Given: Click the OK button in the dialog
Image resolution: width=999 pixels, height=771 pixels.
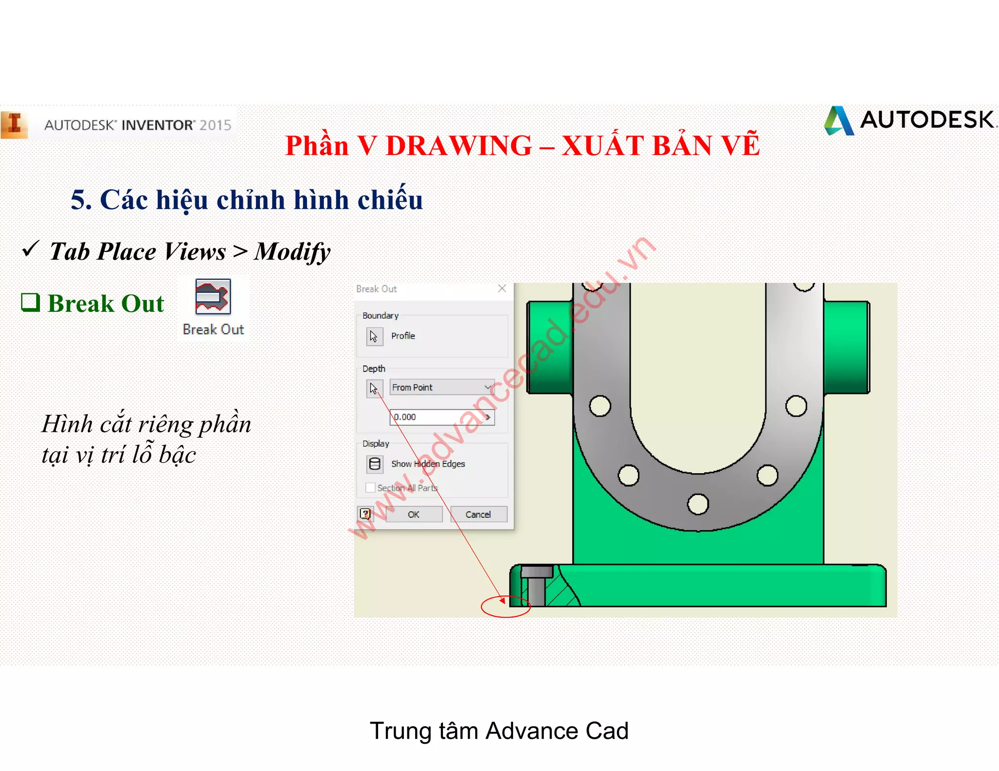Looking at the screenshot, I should pyautogui.click(x=414, y=514).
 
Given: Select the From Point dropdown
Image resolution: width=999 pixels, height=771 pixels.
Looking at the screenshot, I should pyautogui.click(x=441, y=387).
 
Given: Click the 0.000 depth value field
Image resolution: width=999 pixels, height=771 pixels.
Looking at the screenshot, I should pyautogui.click(x=439, y=417).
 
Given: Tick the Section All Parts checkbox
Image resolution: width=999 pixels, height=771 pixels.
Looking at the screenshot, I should pyautogui.click(x=371, y=488).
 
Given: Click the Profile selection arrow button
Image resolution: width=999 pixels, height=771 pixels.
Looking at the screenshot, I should pyautogui.click(x=374, y=336).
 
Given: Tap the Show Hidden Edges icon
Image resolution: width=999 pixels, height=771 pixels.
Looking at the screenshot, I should pyautogui.click(x=375, y=464).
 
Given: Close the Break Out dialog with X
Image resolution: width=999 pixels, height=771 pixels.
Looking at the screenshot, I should pyautogui.click(x=502, y=289).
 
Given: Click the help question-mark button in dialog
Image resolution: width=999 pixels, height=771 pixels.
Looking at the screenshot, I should pyautogui.click(x=365, y=514).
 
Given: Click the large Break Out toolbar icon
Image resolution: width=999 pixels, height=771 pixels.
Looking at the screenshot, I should pyautogui.click(x=213, y=297).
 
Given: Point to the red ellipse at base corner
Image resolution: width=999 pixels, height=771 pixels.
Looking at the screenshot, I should pyautogui.click(x=505, y=607).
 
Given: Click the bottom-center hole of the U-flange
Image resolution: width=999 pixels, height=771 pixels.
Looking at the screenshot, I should pyautogui.click(x=698, y=504).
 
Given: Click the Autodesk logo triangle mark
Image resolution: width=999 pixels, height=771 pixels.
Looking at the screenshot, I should pyautogui.click(x=839, y=121).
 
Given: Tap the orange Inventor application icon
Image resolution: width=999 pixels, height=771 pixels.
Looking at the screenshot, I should pyautogui.click(x=15, y=125).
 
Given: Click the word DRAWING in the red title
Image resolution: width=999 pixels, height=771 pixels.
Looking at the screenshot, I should pyautogui.click(x=459, y=146).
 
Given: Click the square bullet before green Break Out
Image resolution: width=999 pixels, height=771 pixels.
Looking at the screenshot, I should pyautogui.click(x=30, y=302).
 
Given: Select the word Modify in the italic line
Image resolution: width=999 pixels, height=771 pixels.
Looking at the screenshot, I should pyautogui.click(x=292, y=252).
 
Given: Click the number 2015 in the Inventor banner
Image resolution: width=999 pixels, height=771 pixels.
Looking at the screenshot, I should pyautogui.click(x=215, y=125).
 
